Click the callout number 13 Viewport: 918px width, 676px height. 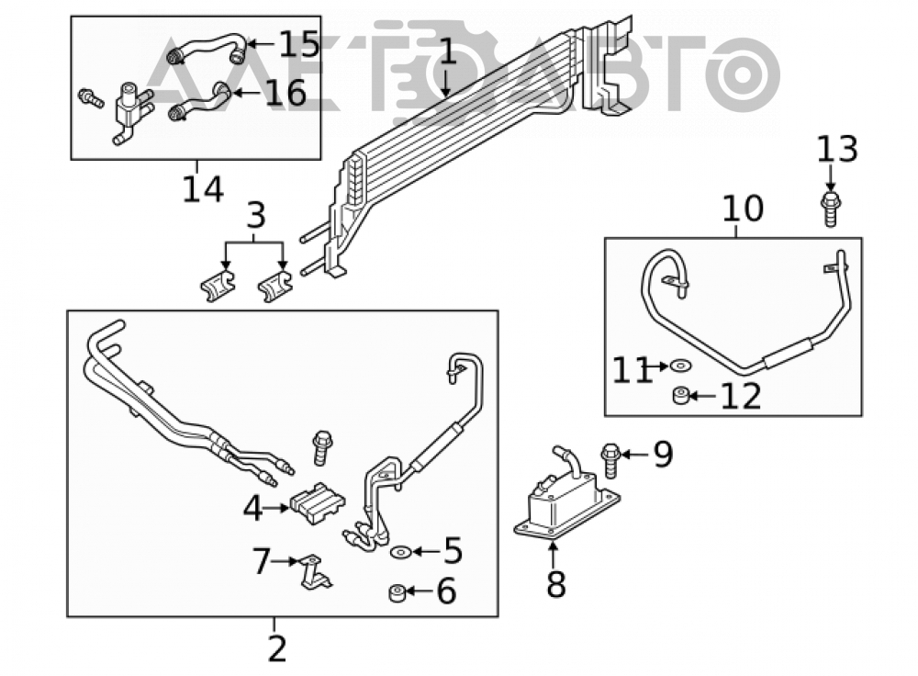tap(837, 150)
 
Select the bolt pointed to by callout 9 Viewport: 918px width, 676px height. tap(610, 461)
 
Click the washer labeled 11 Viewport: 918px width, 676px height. tap(681, 366)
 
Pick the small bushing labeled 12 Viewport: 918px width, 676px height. tap(680, 396)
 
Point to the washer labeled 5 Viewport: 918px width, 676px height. tap(401, 552)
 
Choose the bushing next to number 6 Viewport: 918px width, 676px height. tap(397, 592)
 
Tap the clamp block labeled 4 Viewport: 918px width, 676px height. tap(318, 502)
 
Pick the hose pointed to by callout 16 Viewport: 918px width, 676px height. tap(199, 101)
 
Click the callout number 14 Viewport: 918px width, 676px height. tap(203, 189)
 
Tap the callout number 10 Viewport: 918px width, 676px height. tap(743, 209)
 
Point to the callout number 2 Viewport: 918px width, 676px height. tap(277, 648)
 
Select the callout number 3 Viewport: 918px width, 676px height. tap(256, 215)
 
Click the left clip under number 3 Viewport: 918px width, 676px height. tap(218, 286)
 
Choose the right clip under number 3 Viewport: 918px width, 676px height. tap(275, 286)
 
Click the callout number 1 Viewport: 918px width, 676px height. tap(447, 51)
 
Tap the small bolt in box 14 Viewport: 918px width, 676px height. tap(91, 98)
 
